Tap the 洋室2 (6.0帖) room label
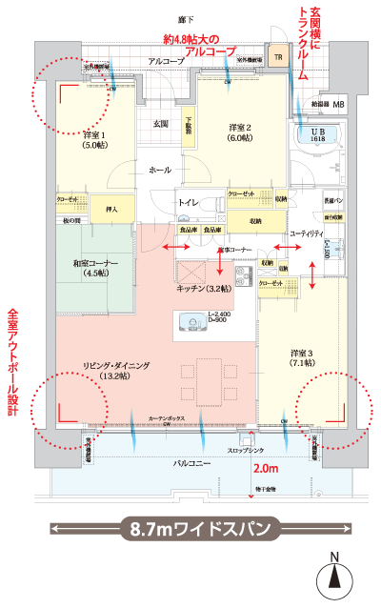click(240, 132)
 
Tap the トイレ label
click(189, 203)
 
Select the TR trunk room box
click(278, 57)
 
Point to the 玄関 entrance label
click(161, 124)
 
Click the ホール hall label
click(159, 169)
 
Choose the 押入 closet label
click(110, 207)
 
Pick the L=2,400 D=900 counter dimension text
click(220, 318)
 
